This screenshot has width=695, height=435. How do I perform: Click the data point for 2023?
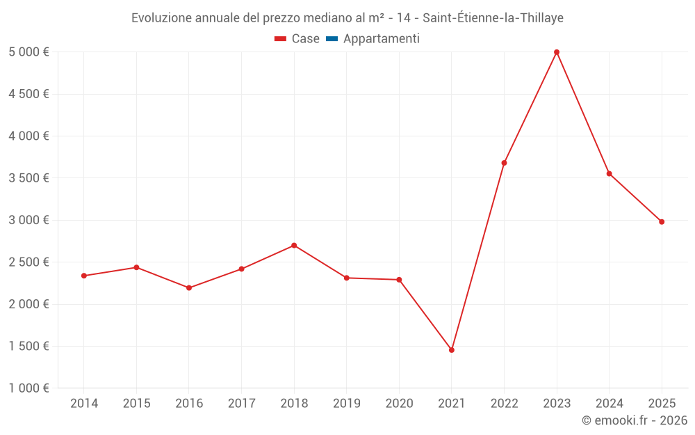coord(557,52)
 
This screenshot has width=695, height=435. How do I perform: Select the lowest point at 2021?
coord(452,350)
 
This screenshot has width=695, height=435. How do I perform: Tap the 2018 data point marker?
coord(294,246)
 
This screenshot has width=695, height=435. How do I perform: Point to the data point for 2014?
coord(84,276)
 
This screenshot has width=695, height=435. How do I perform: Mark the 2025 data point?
coord(662,222)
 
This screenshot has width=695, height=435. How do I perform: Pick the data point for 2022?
coord(504,163)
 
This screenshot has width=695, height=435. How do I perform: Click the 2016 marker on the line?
coord(189,288)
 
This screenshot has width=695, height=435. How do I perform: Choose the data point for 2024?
coord(610,173)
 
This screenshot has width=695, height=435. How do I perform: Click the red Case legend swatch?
coord(280,39)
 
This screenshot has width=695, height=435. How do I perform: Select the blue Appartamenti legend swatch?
coord(332,39)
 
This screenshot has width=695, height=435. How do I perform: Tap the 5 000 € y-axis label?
coord(28,52)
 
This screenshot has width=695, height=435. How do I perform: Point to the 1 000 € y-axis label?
coord(28,388)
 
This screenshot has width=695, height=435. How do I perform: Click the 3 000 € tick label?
coord(28,220)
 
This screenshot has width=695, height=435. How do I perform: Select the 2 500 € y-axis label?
coord(28,262)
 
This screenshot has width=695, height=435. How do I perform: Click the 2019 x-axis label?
coord(347,404)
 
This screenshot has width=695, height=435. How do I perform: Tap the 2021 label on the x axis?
coord(452,404)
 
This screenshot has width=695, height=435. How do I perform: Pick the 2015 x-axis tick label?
coord(136,404)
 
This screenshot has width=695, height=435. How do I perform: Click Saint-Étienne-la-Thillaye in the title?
coord(493,18)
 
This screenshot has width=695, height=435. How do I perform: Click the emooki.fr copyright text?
coord(635,420)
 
